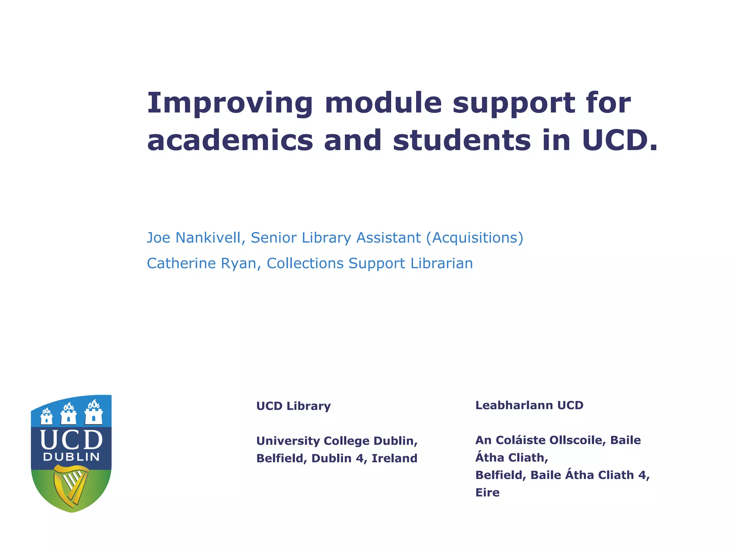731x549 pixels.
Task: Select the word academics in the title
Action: (230, 140)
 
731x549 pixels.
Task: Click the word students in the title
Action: (462, 140)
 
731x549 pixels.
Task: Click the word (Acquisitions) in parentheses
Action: (475, 238)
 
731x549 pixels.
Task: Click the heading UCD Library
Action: (293, 406)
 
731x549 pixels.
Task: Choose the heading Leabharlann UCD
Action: (529, 405)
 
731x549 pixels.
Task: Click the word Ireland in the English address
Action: (394, 458)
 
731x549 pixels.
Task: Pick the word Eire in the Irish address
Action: (487, 493)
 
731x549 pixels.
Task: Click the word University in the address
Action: (288, 441)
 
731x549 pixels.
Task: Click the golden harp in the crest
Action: (71, 484)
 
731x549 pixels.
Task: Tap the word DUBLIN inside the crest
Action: (71, 457)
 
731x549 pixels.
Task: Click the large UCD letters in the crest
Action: (71, 440)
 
